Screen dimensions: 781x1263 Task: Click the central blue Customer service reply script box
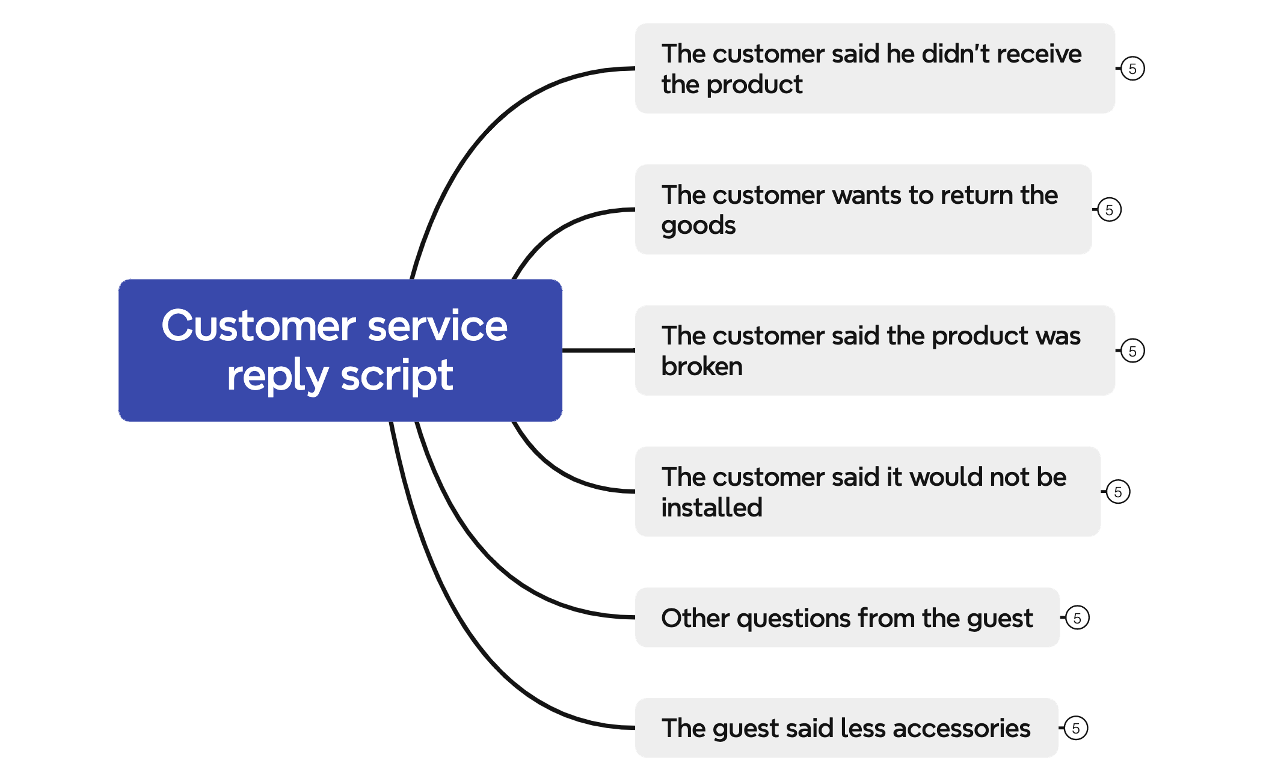(340, 351)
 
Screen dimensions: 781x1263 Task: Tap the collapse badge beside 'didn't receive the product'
(1132, 69)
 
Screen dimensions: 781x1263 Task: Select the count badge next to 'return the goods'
(1109, 210)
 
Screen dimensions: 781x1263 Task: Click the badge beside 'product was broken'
(1132, 351)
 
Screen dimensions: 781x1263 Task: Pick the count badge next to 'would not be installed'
(1118, 492)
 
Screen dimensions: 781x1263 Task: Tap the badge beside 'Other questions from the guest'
(1077, 618)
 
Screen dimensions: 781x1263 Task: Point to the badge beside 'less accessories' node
(1076, 729)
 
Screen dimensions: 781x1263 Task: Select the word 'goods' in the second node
(698, 226)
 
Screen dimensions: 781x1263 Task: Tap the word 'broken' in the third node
(702, 367)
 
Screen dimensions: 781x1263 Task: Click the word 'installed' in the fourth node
(711, 508)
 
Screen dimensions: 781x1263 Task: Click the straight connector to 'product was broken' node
(598, 350)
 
